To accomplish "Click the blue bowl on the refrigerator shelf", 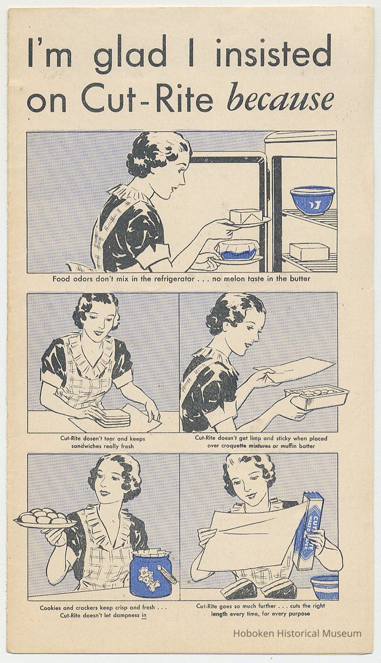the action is click(312, 200).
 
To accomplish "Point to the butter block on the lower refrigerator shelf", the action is click(309, 251).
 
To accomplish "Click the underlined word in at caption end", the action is click(144, 615).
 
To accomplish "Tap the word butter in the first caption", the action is click(300, 279).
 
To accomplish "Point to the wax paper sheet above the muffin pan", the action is click(295, 369).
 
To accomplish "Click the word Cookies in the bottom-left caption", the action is click(51, 608).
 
